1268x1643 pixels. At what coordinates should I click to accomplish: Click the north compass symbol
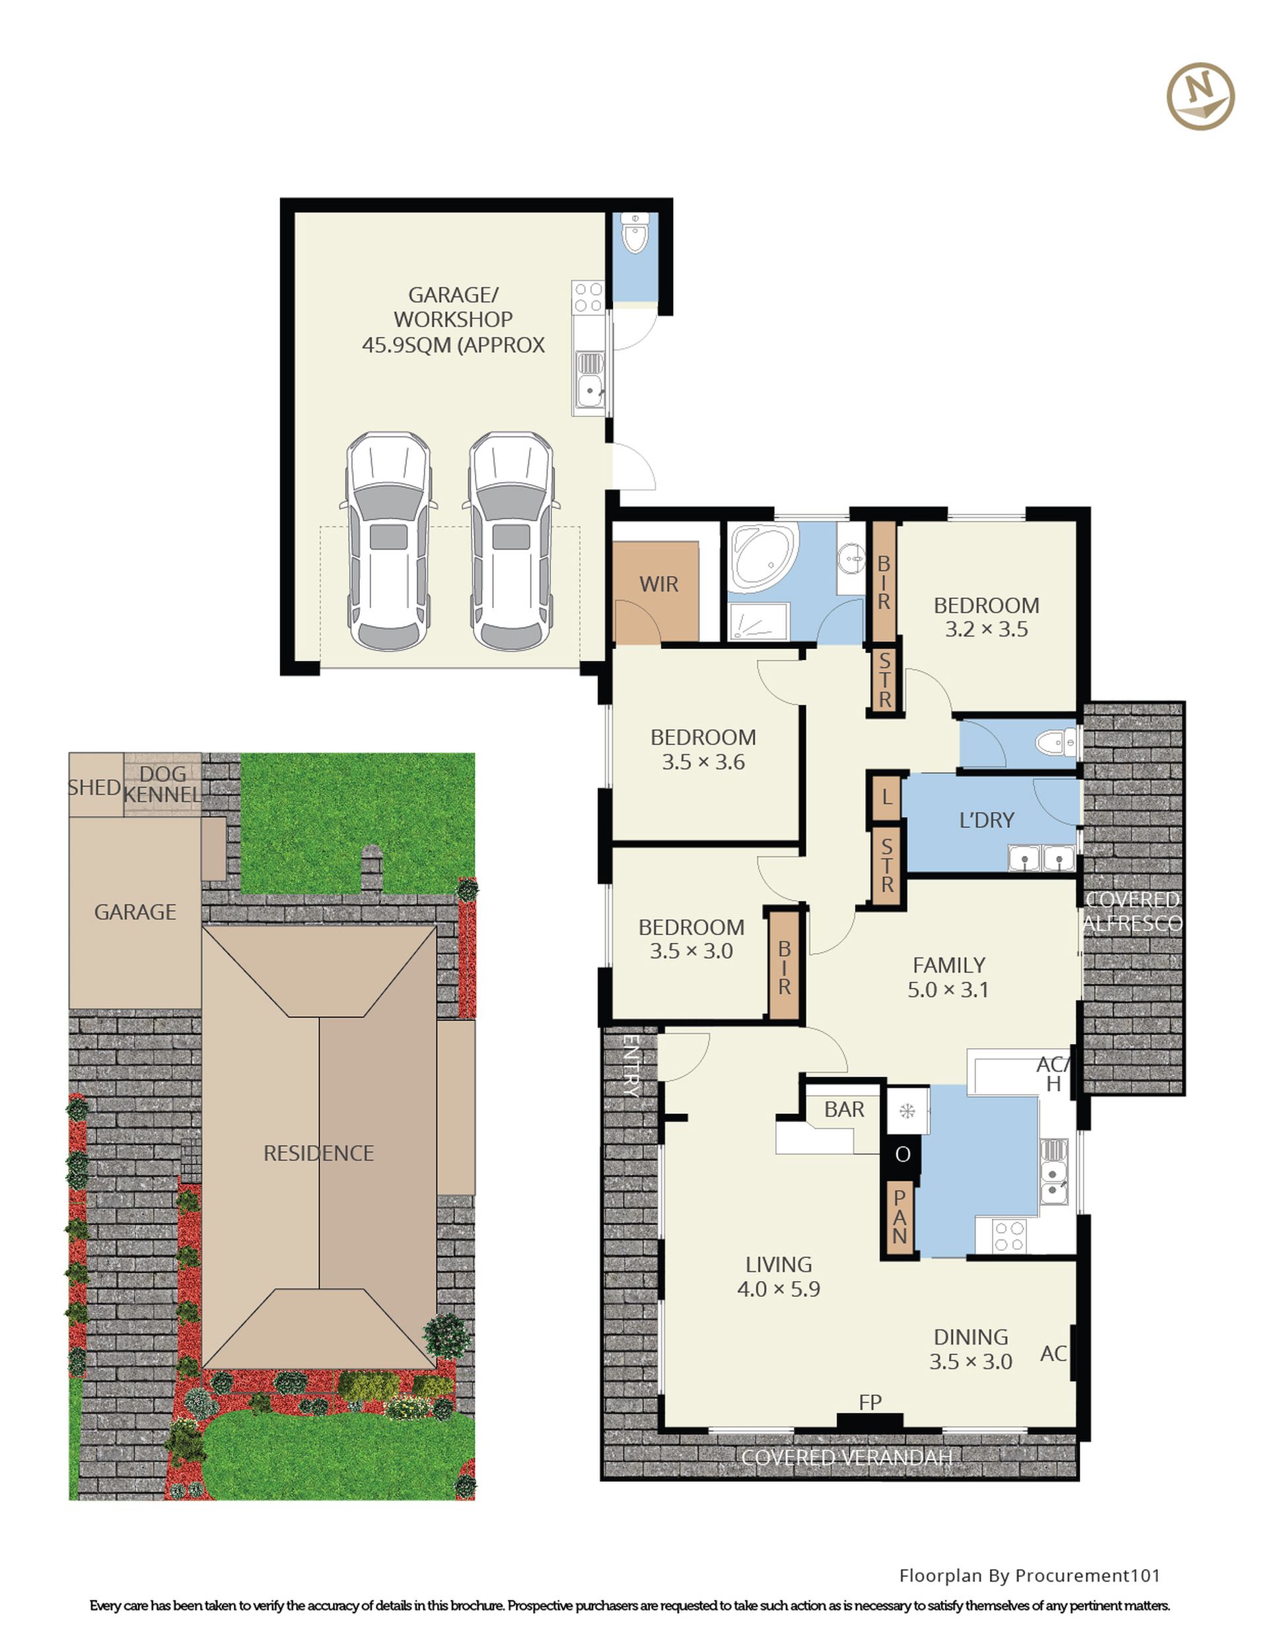point(1200,96)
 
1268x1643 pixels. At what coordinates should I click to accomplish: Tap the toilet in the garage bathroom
point(635,232)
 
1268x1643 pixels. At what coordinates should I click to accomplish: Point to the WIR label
point(658,584)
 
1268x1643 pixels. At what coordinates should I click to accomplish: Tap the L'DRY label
point(987,820)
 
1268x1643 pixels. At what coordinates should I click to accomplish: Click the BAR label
point(843,1109)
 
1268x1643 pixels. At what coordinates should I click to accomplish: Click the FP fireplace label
point(870,1402)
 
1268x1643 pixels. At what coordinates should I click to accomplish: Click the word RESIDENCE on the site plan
point(318,1153)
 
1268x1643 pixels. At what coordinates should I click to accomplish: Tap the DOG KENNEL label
point(162,784)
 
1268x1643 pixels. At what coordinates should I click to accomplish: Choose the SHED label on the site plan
point(95,788)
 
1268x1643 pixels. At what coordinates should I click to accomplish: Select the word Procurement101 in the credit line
point(1088,1575)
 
